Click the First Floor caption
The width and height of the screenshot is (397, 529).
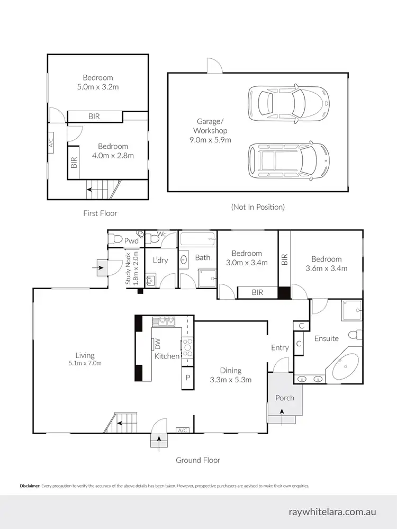pyautogui.click(x=100, y=213)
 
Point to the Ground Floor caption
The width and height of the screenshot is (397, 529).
pyautogui.click(x=198, y=460)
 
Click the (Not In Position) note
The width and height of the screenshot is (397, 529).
pyautogui.click(x=258, y=207)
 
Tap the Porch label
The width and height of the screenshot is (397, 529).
pyautogui.click(x=284, y=398)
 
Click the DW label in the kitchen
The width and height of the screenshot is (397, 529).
pyautogui.click(x=157, y=343)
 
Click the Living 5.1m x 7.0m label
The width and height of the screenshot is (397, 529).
pyautogui.click(x=85, y=359)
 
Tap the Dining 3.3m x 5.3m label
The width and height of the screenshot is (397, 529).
pyautogui.click(x=231, y=375)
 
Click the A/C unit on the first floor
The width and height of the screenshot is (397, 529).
pyautogui.click(x=51, y=143)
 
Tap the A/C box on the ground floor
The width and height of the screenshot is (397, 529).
pyautogui.click(x=183, y=430)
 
